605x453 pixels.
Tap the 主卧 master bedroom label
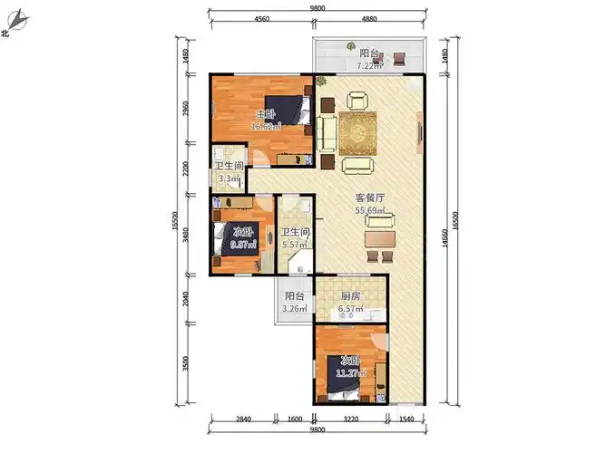[x=265, y=114]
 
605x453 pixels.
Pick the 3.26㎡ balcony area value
[x=295, y=310]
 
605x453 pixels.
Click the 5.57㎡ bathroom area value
[x=295, y=245]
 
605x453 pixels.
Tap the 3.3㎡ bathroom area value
[x=229, y=178]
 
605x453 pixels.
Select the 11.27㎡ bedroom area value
[x=350, y=372]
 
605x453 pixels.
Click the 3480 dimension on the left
[x=186, y=238]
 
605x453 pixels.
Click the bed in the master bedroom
[x=288, y=111]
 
